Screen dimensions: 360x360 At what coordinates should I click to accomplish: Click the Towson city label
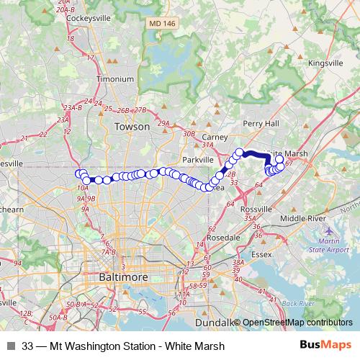tap(132, 127)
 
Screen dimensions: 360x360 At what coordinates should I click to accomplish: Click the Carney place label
tap(215, 136)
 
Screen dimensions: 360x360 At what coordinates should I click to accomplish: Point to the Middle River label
tap(304, 217)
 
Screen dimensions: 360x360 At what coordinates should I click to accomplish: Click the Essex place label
tap(261, 254)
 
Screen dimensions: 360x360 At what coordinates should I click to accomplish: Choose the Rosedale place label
tap(222, 237)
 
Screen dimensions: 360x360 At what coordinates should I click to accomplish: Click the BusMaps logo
tap(325, 345)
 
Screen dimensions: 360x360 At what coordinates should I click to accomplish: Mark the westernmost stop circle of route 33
tap(79, 173)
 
